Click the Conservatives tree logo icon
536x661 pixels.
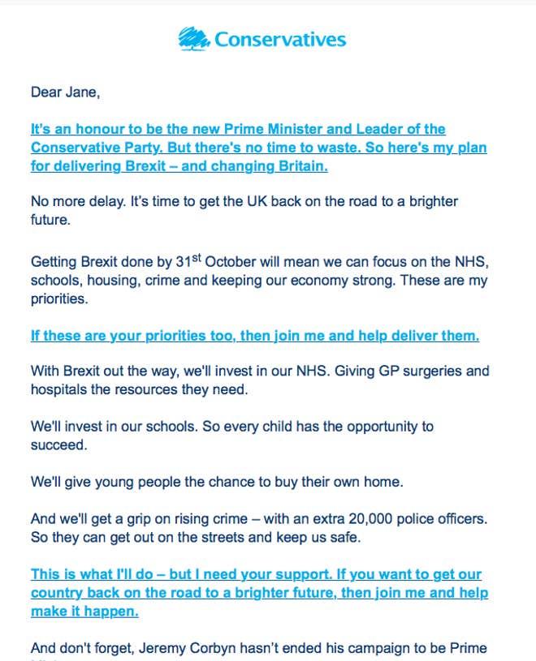pos(193,39)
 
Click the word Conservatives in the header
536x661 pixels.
pos(280,40)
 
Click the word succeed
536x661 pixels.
pos(58,444)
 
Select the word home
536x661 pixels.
pos(385,481)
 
